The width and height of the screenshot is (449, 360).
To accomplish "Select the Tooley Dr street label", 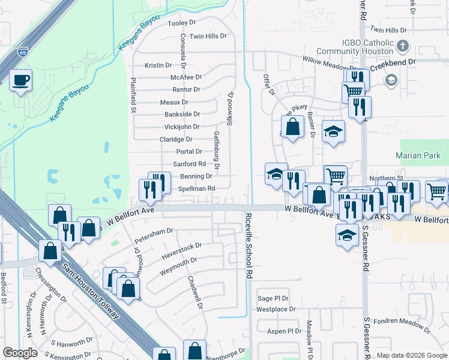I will [182, 23].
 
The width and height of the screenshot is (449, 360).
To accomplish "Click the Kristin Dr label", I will [158, 65].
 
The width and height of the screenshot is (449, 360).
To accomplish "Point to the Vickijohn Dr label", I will [182, 127].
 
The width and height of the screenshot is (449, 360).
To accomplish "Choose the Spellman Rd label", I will [196, 188].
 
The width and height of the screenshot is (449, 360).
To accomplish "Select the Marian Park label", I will [418, 156].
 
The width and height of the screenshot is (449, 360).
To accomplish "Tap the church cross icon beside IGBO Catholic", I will [403, 45].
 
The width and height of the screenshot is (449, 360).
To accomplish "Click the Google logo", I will [20, 353].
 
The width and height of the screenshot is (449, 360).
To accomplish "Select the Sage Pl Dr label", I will [273, 298].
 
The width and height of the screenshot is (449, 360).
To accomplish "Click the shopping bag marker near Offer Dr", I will [292, 127].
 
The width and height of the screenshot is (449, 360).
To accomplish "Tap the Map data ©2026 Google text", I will [411, 356].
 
